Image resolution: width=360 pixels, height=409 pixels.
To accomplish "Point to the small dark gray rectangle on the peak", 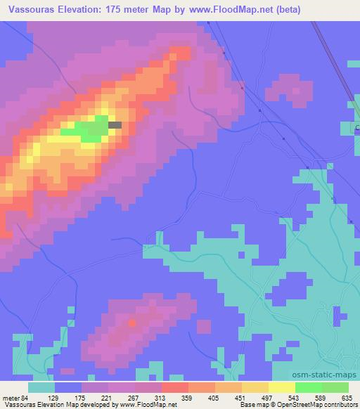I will tap(115, 125).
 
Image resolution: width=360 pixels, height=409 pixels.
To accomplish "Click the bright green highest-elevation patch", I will tap(88, 129).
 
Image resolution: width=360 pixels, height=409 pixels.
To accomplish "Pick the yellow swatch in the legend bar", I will tap(281, 387).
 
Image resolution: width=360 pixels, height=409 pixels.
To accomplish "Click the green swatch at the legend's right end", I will tap(335, 387).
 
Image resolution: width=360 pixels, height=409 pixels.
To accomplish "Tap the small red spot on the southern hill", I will tap(132, 323).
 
